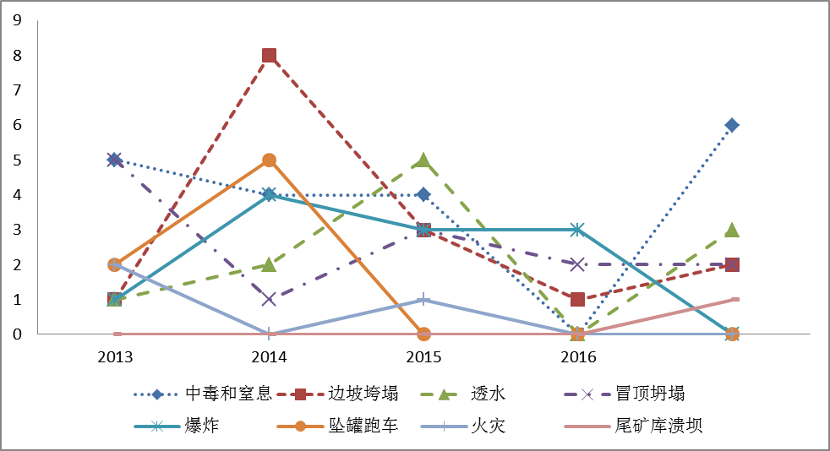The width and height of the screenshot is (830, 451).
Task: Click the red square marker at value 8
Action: coord(269,56)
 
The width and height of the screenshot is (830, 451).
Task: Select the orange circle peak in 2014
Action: coord(269,160)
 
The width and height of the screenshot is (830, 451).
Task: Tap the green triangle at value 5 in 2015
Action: coord(423,160)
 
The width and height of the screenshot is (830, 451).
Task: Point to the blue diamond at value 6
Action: coord(732,125)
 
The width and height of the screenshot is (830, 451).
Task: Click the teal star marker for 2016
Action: coord(577,229)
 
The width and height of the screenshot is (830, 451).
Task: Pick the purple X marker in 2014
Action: coord(269,299)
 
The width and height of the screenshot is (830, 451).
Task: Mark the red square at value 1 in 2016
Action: coord(577,299)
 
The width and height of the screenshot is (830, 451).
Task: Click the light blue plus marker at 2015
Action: coord(423,299)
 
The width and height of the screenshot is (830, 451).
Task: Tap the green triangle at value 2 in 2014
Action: coord(269,264)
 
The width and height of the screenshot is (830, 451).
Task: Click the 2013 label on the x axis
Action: coord(115,356)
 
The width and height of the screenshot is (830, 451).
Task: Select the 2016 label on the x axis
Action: coord(577,356)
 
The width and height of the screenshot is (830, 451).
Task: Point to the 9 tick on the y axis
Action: coord(16,21)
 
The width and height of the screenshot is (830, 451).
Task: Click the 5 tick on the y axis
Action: coord(16,160)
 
